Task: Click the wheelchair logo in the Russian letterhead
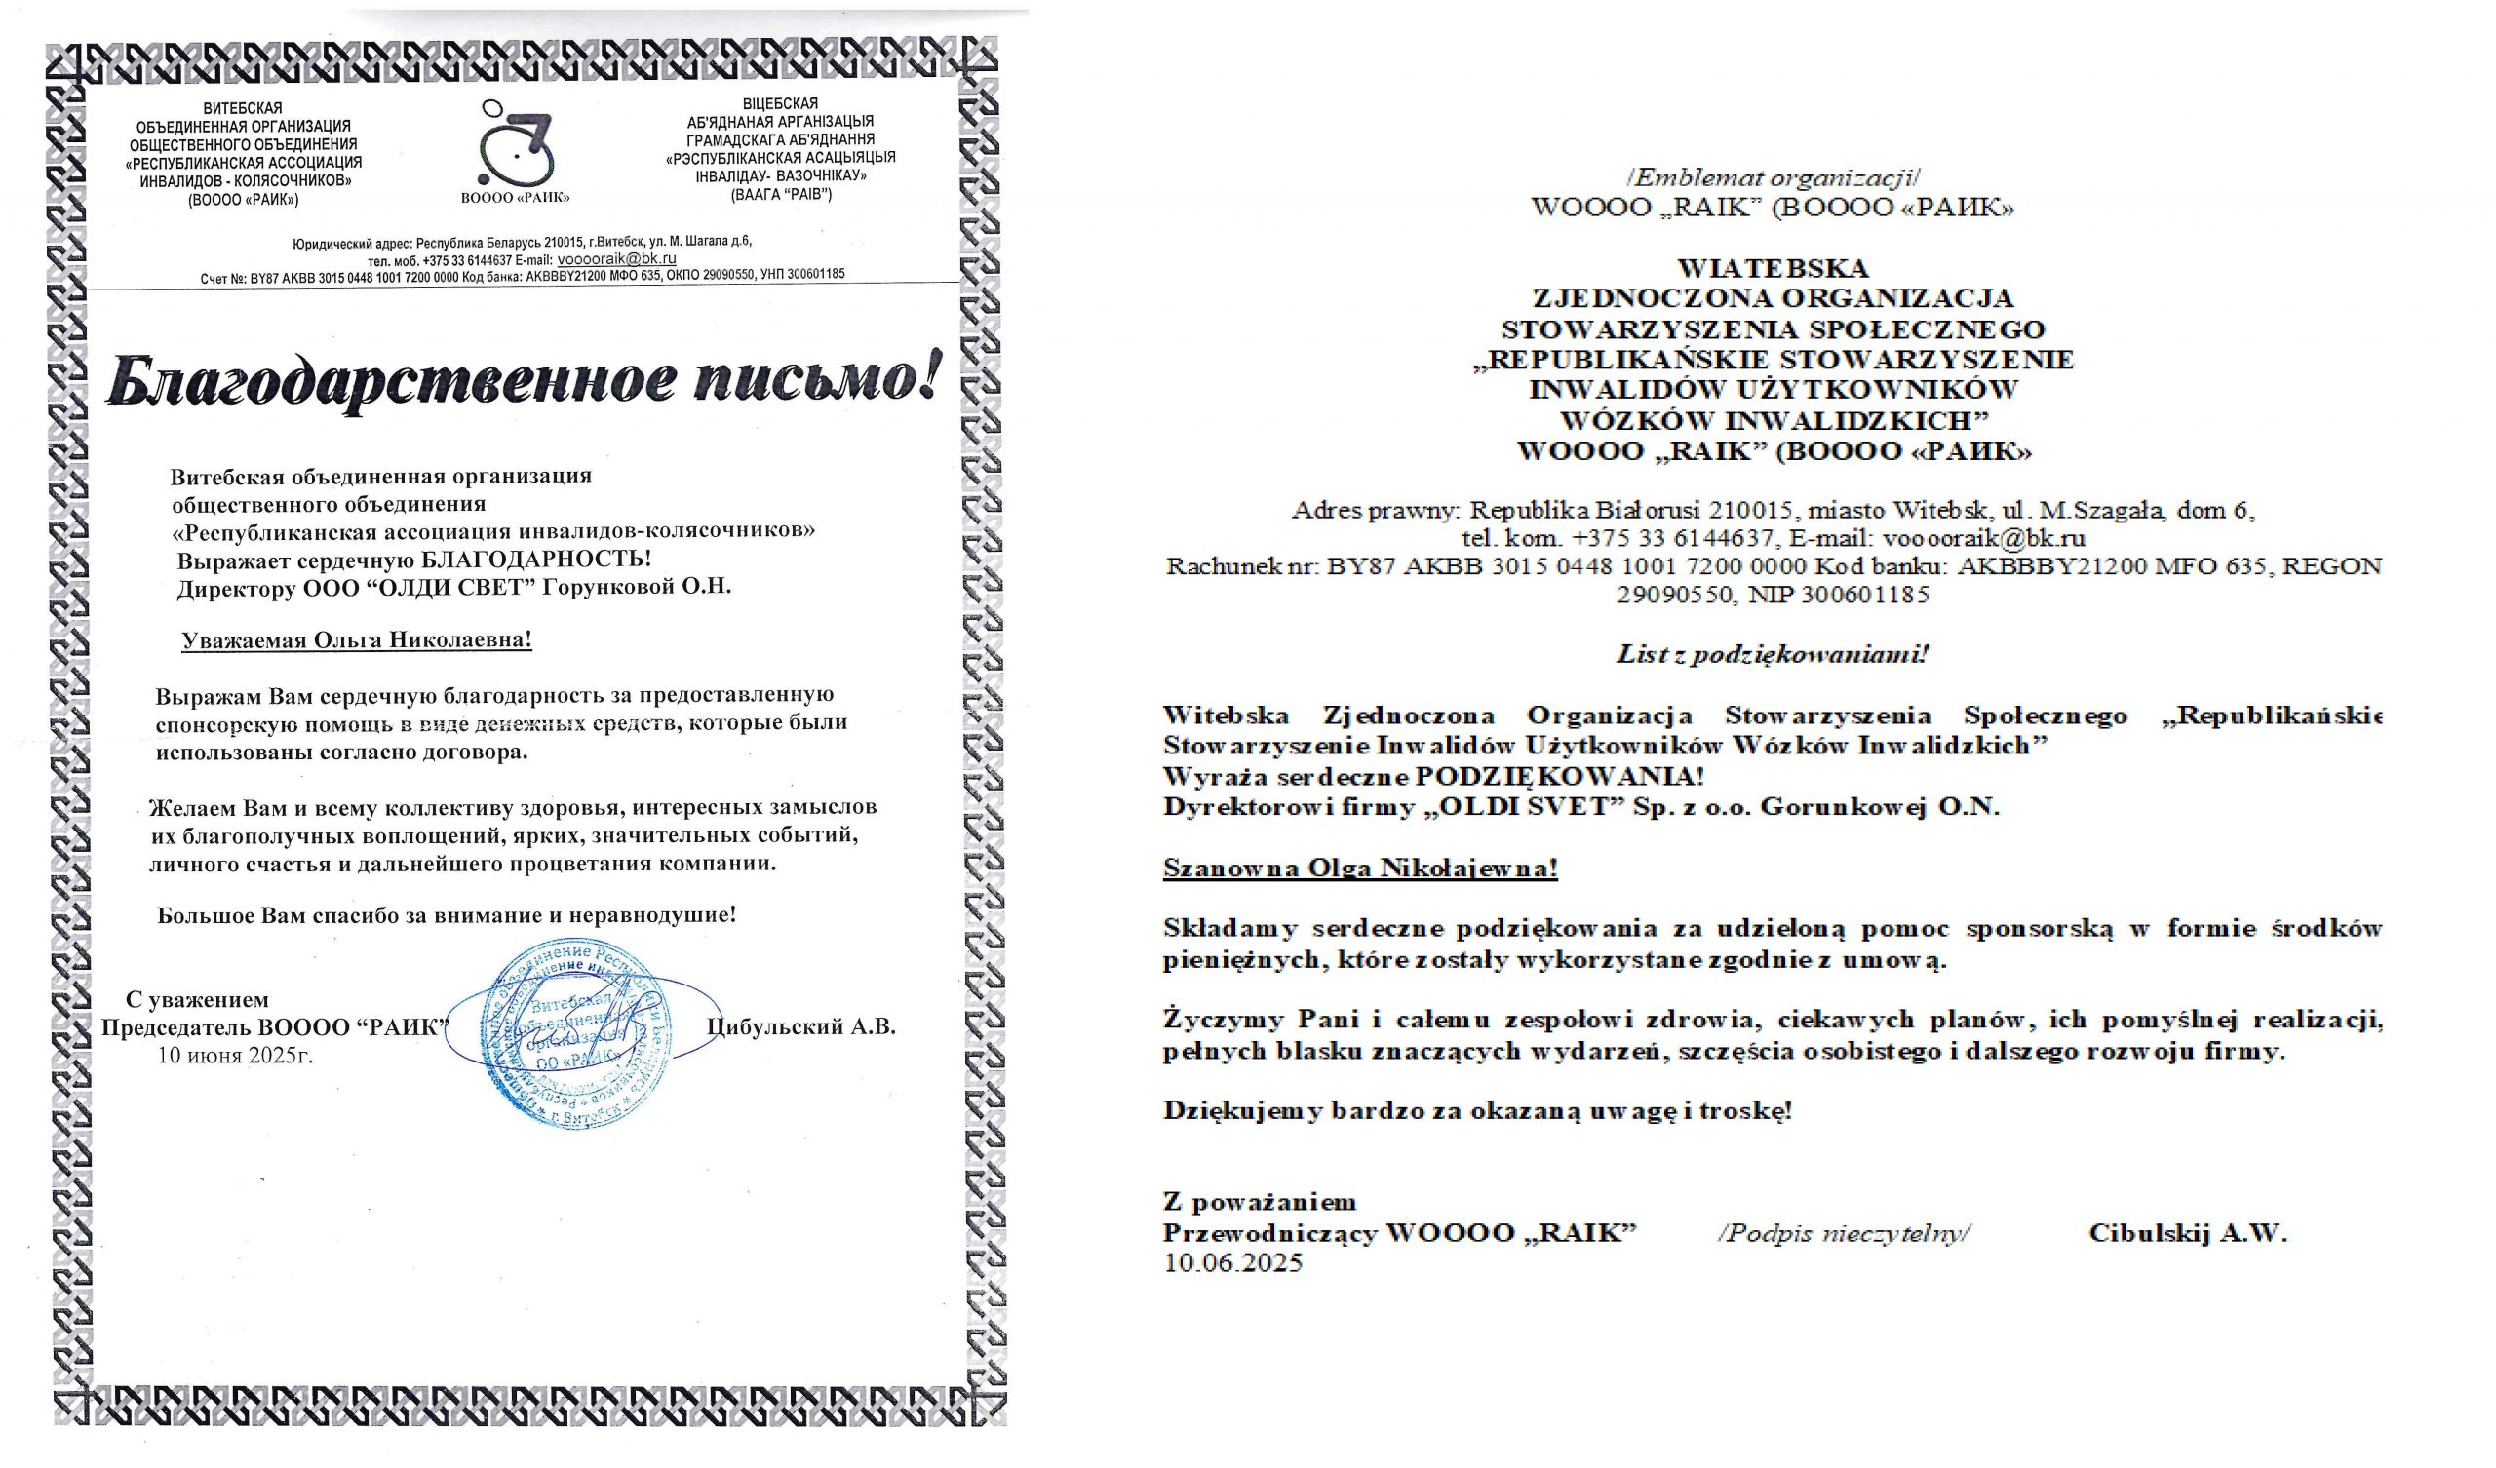tap(515, 144)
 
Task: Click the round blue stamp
tap(572, 1036)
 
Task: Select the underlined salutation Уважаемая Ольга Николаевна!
tap(357, 639)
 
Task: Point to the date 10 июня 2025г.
tap(235, 1055)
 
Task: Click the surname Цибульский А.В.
tap(801, 1026)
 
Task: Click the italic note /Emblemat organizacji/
tap(1772, 178)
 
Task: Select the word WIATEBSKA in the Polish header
tap(1772, 268)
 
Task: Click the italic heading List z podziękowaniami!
tap(1772, 654)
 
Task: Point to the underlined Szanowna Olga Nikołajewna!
tap(1360, 869)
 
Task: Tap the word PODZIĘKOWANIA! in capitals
tap(1559, 776)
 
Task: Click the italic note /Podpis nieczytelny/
tap(1846, 1233)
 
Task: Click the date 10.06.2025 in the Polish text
tap(1233, 1263)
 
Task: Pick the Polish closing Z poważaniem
tap(1259, 1203)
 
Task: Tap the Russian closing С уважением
tap(197, 999)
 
